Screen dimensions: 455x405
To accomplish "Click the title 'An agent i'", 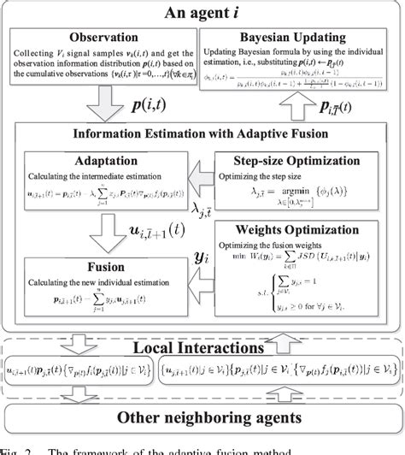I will pos(202,12).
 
